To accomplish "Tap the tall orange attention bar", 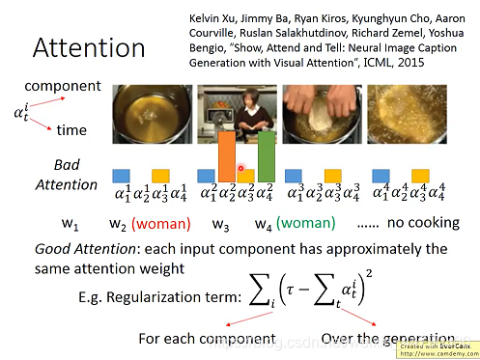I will point(226,156).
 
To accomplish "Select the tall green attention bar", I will point(267,156).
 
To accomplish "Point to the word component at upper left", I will point(58,87).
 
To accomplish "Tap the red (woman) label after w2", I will point(160,226).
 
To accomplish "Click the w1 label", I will point(70,226).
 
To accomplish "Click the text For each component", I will point(206,339).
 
